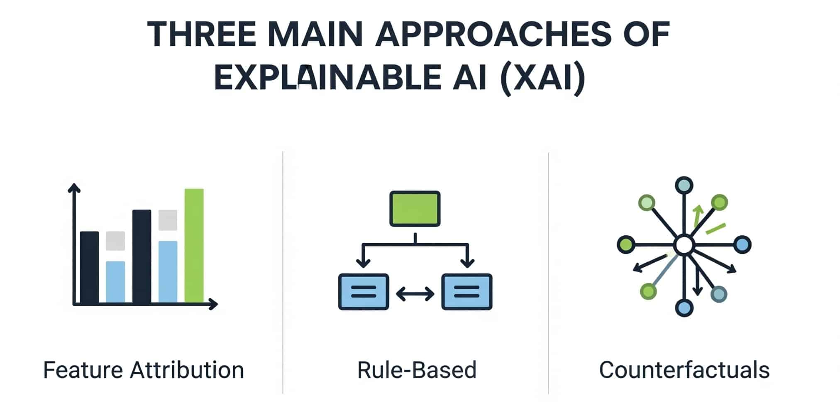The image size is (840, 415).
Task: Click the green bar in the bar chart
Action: (x=194, y=246)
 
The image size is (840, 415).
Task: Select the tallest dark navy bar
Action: (x=142, y=256)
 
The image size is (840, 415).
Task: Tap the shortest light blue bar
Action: (x=115, y=282)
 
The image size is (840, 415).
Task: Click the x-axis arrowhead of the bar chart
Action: (x=213, y=304)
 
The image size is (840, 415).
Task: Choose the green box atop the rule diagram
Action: (x=415, y=208)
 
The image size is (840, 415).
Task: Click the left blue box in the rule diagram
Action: (x=364, y=292)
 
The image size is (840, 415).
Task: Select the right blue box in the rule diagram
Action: (x=467, y=292)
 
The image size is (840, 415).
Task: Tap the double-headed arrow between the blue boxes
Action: (x=415, y=294)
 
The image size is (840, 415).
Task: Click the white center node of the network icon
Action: (x=684, y=245)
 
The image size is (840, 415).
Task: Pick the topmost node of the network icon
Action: (x=684, y=185)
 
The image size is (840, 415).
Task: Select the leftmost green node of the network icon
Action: (x=626, y=244)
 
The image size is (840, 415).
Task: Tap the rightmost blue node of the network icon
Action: (x=742, y=244)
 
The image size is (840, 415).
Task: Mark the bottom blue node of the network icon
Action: (x=684, y=308)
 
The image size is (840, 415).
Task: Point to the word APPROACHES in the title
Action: (x=493, y=34)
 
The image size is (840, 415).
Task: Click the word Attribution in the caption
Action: (x=187, y=370)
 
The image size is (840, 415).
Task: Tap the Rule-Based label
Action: (x=417, y=370)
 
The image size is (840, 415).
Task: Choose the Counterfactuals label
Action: (x=684, y=370)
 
